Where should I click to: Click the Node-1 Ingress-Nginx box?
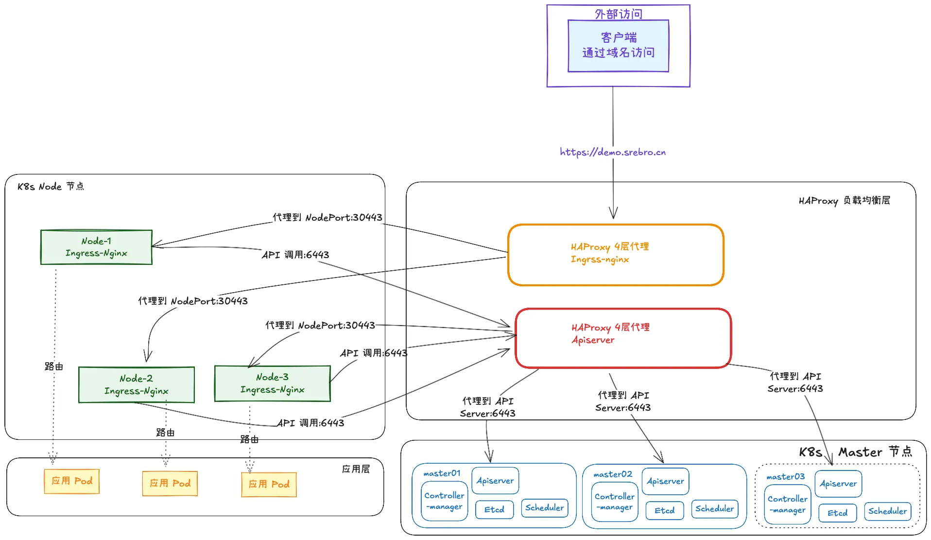[x=96, y=247]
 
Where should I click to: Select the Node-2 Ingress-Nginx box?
[x=137, y=385]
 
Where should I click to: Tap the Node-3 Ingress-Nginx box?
[x=273, y=383]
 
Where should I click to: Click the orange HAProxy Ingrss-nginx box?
[x=616, y=255]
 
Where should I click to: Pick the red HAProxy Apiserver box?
[x=623, y=338]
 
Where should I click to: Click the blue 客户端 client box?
[x=618, y=46]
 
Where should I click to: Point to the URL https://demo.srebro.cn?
[x=613, y=152]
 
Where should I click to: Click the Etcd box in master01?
[x=494, y=509]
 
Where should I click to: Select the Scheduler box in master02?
[x=714, y=508]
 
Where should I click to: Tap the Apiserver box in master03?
[x=838, y=484]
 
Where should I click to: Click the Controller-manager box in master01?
[x=444, y=501]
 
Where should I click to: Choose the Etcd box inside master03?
[x=837, y=513]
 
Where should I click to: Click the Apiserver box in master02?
[x=665, y=481]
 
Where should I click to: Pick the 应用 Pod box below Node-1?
[x=72, y=481]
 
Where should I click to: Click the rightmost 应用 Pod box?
[x=269, y=485]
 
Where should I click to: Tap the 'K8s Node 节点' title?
[x=51, y=187]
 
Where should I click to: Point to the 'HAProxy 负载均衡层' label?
[x=844, y=201]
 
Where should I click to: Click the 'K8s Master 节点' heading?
[x=855, y=452]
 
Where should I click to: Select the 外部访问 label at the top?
[x=618, y=14]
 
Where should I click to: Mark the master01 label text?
[x=442, y=473]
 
